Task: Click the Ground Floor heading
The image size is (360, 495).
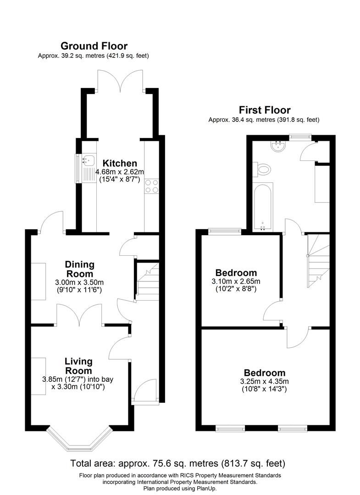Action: (94, 46)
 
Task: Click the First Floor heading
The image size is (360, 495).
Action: (265, 110)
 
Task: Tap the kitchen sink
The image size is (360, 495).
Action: (89, 160)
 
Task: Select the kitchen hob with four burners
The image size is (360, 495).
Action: (152, 186)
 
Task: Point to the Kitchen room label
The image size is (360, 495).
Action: (120, 163)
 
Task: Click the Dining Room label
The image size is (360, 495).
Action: (79, 269)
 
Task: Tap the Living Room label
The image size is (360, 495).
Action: (78, 366)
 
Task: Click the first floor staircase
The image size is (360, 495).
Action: (318, 260)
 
